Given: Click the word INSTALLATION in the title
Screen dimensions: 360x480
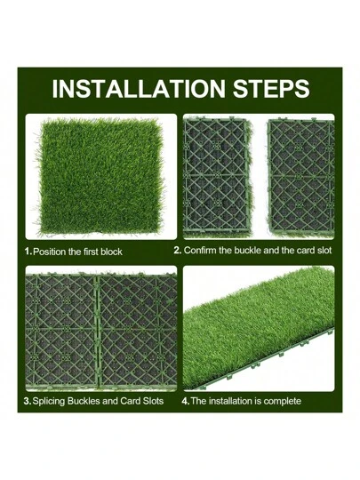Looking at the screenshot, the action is click(139, 89).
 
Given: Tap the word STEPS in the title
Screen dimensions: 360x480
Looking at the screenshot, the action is click(271, 89).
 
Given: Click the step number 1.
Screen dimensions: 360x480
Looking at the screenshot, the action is click(28, 252).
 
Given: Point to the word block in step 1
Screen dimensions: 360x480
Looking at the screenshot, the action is click(111, 252).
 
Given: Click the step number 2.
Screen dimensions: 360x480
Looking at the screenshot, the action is click(178, 251).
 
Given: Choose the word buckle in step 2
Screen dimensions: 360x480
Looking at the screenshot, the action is click(247, 251).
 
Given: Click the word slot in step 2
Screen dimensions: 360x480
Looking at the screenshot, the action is click(324, 251).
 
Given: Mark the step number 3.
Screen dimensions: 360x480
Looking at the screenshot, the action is click(28, 401).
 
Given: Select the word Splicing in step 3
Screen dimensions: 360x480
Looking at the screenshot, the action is click(48, 401).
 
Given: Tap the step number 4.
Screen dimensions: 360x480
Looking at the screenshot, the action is click(186, 401).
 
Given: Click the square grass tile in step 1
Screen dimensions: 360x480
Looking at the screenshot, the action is click(100, 176).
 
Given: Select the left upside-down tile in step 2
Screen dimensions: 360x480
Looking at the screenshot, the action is click(217, 177).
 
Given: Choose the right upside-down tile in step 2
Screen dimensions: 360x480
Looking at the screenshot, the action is click(301, 177).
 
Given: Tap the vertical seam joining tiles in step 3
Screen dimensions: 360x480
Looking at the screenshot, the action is click(98, 332).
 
